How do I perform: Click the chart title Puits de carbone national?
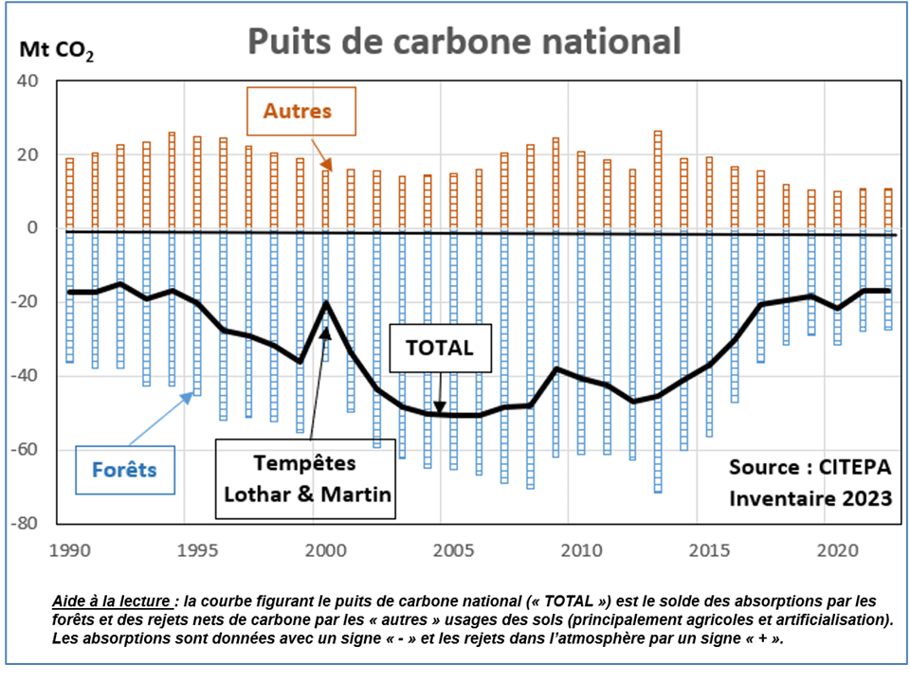tap(464, 43)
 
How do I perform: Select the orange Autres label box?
tap(298, 111)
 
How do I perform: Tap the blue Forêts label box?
tap(124, 469)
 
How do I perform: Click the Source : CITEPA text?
tap(810, 467)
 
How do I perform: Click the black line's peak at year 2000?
tap(325, 304)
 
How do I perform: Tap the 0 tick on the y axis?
tap(32, 228)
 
